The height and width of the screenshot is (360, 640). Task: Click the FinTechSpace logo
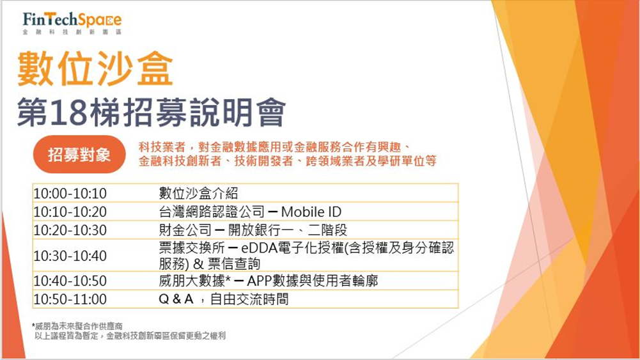point(72,23)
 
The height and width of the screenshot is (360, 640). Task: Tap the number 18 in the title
point(70,112)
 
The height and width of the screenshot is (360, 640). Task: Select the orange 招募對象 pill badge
point(79,154)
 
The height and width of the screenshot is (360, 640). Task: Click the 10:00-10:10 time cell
point(70,194)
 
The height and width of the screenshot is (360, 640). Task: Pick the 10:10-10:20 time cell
point(70,212)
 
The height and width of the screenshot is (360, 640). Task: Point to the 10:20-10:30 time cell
point(70,230)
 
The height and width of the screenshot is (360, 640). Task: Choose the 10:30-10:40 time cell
point(70,256)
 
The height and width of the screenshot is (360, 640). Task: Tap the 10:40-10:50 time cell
point(70,281)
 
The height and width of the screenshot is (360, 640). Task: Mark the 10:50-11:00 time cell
point(70,299)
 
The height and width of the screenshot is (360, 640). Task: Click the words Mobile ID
point(311,212)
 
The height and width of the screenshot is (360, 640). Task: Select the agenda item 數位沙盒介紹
point(198,194)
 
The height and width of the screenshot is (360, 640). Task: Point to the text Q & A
point(176,299)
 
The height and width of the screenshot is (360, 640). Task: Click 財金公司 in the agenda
point(185,230)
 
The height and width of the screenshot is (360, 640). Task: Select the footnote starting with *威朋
point(77,326)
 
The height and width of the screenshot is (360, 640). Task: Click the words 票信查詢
point(234,263)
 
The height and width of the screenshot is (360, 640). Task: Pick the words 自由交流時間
point(249,299)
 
